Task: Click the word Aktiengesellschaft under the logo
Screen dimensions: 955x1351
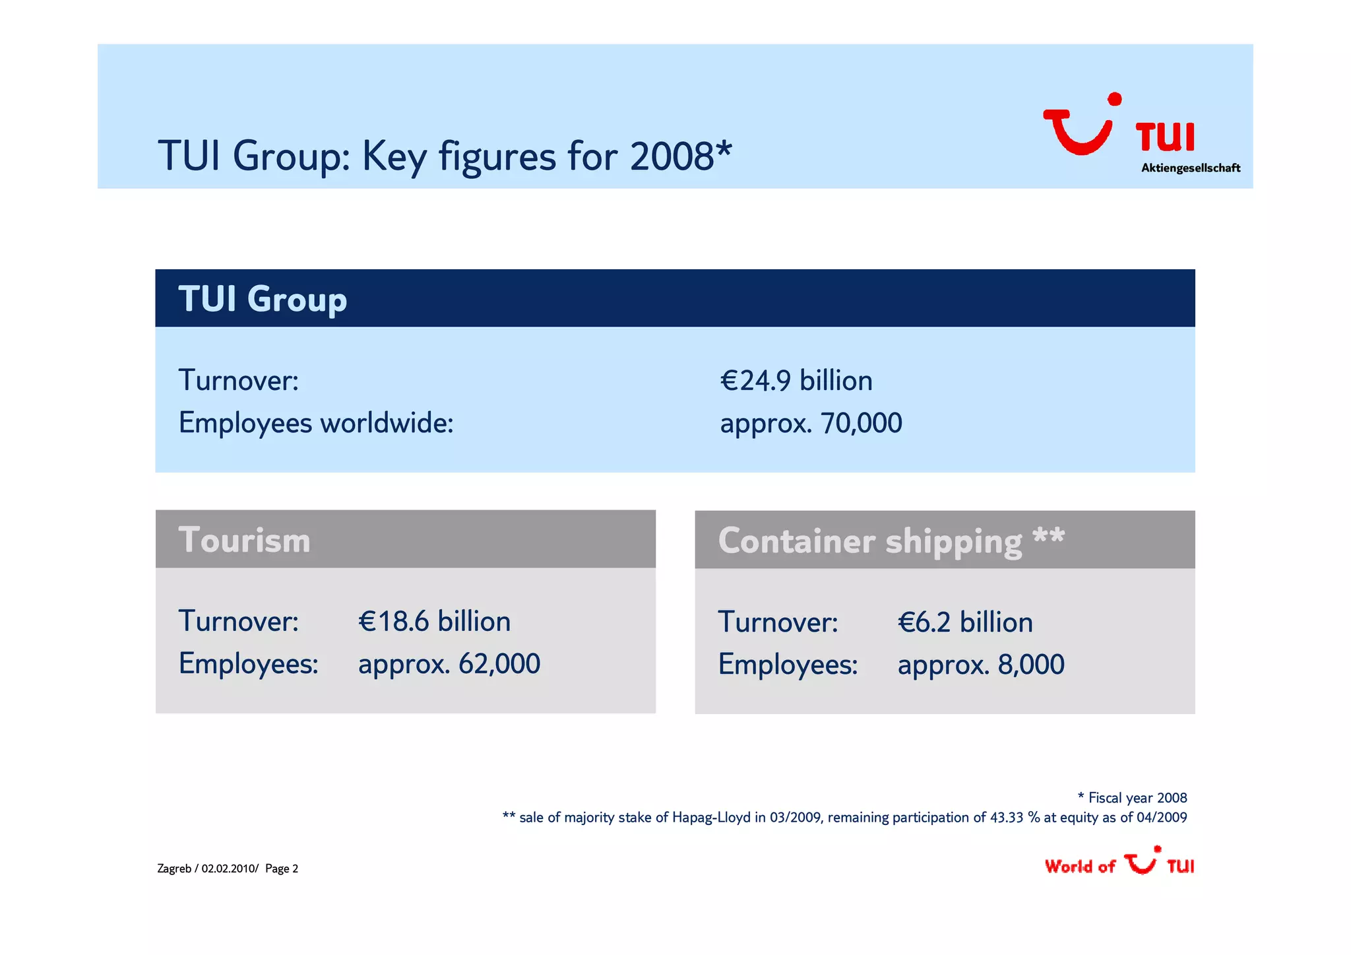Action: point(1190,168)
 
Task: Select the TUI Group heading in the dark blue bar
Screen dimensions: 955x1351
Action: point(263,299)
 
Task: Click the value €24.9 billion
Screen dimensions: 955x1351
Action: point(796,381)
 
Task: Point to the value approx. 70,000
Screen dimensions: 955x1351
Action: point(811,423)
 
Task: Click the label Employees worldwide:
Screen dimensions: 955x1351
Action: point(316,423)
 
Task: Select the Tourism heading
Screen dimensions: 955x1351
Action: point(244,540)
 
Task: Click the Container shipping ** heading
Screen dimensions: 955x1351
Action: point(891,541)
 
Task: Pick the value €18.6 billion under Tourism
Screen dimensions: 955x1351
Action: point(434,622)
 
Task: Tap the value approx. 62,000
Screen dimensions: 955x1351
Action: point(449,664)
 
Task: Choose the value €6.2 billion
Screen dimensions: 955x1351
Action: point(964,622)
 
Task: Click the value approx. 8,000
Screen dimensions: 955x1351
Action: point(980,665)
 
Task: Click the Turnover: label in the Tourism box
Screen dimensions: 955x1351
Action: point(238,622)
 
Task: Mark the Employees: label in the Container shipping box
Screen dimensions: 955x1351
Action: point(788,665)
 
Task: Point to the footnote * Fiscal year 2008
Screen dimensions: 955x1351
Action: point(1132,798)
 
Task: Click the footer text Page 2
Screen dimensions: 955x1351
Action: point(282,869)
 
